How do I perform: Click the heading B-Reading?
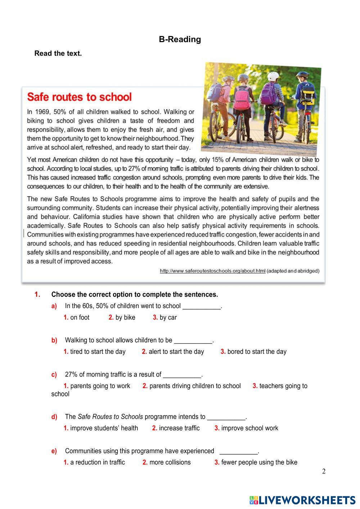click(x=180, y=39)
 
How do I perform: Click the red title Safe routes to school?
click(x=80, y=97)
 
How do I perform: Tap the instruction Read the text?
click(x=58, y=53)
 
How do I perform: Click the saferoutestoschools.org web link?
click(x=212, y=271)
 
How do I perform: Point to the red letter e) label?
click(x=54, y=451)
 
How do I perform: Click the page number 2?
click(x=324, y=472)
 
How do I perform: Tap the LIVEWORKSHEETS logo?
click(x=302, y=500)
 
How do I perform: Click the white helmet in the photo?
click(x=273, y=76)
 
